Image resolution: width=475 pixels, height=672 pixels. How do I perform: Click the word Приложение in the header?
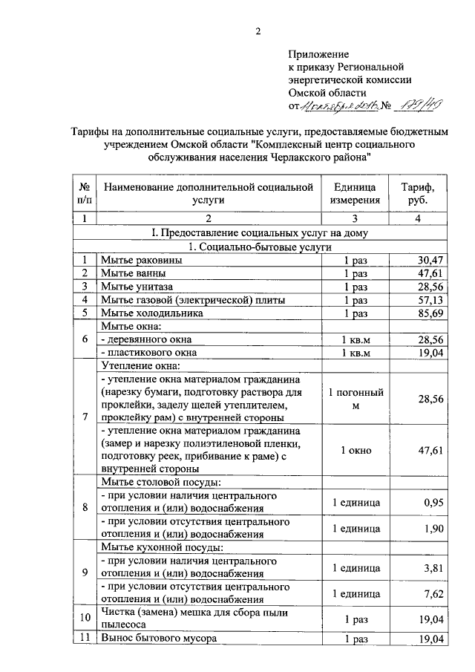click(318, 54)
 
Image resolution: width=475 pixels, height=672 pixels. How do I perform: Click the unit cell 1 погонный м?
click(356, 399)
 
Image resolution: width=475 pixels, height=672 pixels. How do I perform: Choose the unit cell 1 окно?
click(356, 450)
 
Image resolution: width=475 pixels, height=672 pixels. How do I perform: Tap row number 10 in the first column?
click(85, 619)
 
